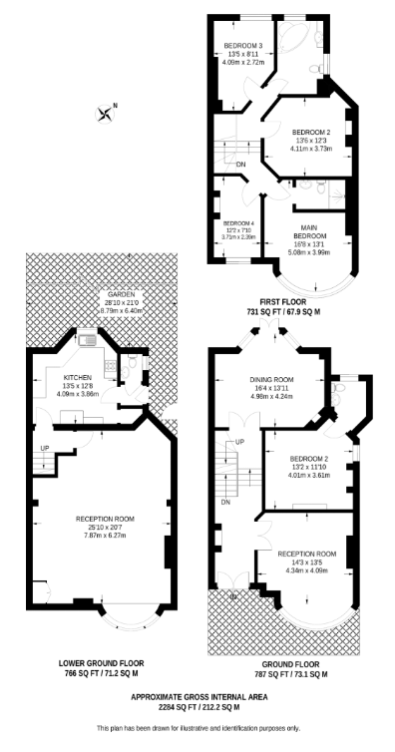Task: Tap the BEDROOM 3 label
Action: pos(242,45)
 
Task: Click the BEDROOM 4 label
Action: pos(239,222)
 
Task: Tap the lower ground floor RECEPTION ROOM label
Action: pos(104,520)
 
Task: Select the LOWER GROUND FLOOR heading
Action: pos(103,662)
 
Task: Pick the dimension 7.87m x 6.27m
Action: pos(104,535)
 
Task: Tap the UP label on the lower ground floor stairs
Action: pos(44,448)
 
